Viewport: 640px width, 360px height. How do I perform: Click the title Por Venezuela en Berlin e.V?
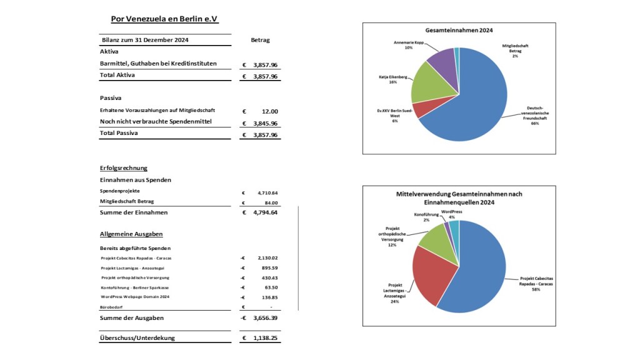point(164,19)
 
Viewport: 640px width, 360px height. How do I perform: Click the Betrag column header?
point(260,40)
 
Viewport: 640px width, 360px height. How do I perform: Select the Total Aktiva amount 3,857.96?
point(265,76)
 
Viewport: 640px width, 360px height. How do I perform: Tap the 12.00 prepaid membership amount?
point(270,111)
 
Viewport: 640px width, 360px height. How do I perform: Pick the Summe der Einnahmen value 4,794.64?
point(265,212)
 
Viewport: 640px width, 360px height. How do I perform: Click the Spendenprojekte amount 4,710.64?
point(267,193)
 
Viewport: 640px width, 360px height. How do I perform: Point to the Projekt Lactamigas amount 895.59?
point(269,267)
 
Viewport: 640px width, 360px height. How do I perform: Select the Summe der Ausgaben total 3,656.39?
point(265,318)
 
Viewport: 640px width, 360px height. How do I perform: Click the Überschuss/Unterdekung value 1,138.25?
point(265,338)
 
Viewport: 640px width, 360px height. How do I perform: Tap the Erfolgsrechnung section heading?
point(124,168)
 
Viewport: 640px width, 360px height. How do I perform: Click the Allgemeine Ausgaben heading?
point(131,234)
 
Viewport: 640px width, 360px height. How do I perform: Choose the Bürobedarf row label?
point(112,307)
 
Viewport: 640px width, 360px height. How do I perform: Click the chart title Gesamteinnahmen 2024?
point(459,30)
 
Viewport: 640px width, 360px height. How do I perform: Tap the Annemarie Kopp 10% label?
point(408,45)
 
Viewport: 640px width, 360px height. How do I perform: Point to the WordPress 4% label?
point(452,214)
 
